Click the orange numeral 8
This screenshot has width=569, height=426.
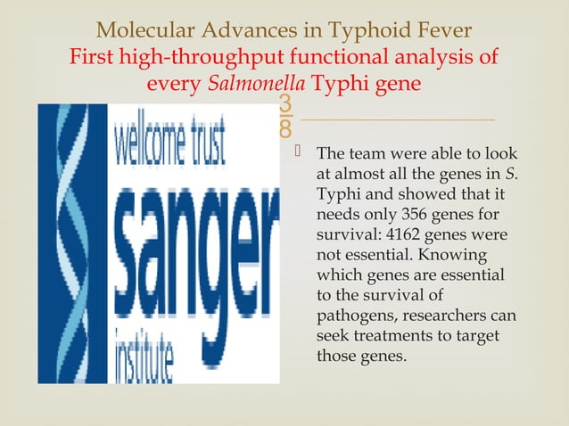284,129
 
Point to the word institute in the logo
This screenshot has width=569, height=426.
146,356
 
